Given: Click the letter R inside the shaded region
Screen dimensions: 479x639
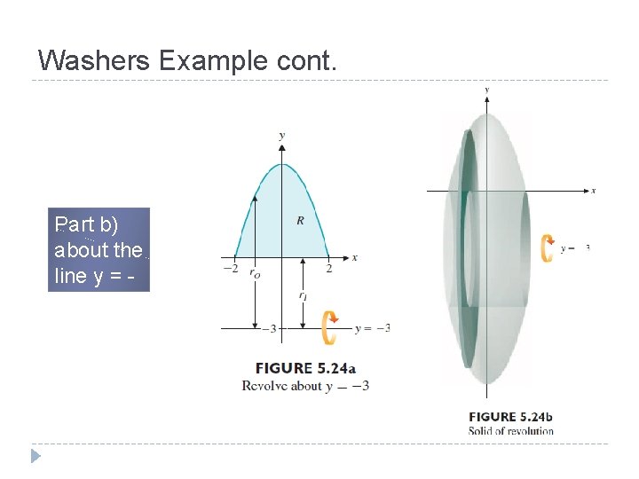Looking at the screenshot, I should (x=299, y=220).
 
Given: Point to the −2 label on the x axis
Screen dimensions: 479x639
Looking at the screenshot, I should (x=230, y=268).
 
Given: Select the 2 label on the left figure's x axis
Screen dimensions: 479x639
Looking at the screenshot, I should (x=328, y=268).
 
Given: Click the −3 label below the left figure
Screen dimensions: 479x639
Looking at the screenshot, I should (x=268, y=329).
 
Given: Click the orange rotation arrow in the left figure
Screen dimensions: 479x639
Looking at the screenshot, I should (x=329, y=327).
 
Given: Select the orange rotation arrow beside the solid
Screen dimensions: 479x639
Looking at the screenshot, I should (x=548, y=248).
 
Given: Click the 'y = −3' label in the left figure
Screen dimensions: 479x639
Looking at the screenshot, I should (x=372, y=328).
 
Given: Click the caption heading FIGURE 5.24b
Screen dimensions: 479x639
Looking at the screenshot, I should (x=510, y=416).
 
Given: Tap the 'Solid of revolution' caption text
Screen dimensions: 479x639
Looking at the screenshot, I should (x=510, y=431).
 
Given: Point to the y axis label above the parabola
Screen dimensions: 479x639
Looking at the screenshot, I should (x=282, y=136).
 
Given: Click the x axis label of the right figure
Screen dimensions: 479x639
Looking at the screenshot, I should (x=593, y=190).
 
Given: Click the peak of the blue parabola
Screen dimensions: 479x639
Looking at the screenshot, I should (x=282, y=165).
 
